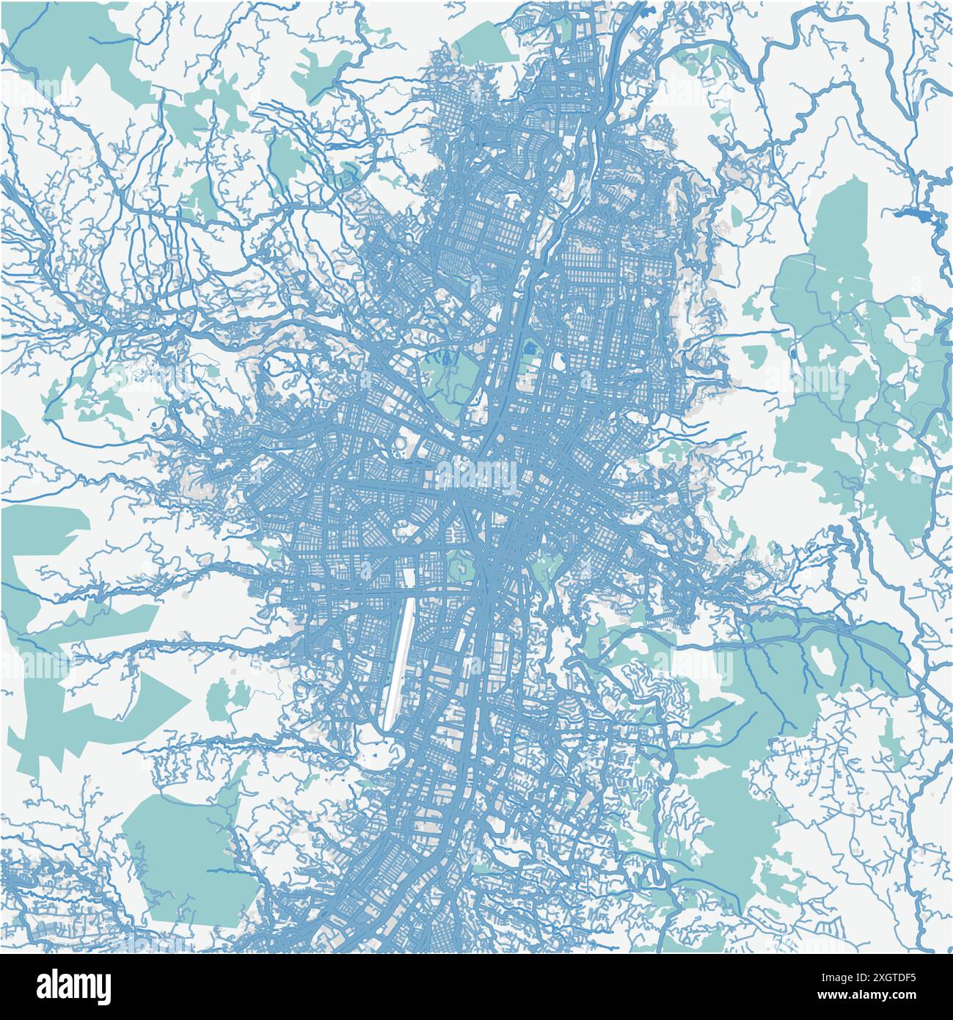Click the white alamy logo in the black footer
click(73, 986)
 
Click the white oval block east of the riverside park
click(558, 360)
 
